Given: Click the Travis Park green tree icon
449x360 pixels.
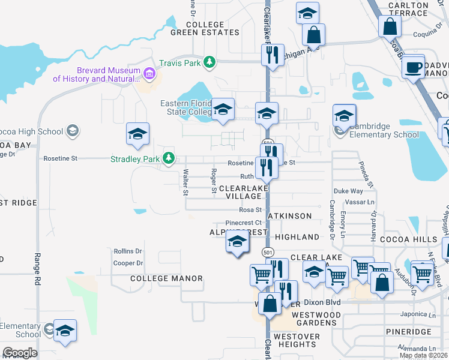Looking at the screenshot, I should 209,61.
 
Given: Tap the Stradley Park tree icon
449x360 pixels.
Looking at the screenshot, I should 169,158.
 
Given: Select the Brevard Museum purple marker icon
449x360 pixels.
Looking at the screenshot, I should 149,74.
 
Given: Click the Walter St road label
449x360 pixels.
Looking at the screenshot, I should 185,182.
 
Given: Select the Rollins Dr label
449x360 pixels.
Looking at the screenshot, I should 127,251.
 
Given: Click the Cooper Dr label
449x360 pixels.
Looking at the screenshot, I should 127,263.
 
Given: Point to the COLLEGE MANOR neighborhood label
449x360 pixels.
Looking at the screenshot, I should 166,278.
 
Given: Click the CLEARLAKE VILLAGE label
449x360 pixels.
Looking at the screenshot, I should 243,193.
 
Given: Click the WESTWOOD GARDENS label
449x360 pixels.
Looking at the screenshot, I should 316,319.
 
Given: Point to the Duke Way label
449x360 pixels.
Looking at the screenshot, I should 348,191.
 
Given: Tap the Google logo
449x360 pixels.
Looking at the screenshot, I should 19,353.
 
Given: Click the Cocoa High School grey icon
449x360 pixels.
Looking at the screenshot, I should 72,131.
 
